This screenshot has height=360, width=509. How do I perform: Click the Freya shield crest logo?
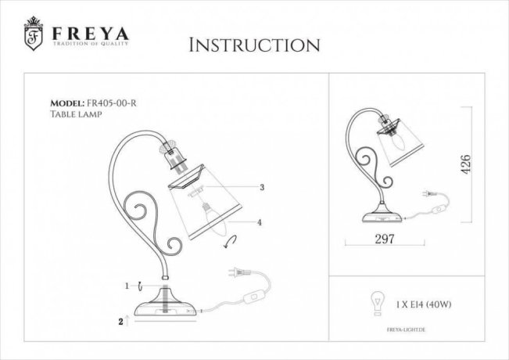click(33, 34)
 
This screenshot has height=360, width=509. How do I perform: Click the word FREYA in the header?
click(91, 34)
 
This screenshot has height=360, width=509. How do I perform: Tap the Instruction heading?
click(255, 45)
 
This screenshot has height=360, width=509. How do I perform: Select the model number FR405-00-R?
click(112, 103)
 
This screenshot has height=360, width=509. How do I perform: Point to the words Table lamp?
click(76, 114)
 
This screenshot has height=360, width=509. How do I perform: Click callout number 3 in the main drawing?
click(262, 187)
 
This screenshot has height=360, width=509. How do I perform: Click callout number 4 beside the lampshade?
click(260, 222)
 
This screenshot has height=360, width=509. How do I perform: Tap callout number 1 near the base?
click(127, 286)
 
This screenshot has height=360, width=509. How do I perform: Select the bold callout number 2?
click(120, 322)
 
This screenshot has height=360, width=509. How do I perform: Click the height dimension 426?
click(465, 164)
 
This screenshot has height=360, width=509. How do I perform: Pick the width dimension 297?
click(385, 239)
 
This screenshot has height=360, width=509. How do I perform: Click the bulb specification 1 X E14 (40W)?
click(424, 304)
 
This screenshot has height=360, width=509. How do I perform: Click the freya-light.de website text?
click(406, 329)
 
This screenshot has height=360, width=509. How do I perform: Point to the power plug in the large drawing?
click(239, 272)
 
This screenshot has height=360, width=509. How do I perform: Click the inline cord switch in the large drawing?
click(254, 297)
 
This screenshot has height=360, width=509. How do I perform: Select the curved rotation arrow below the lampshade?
click(230, 242)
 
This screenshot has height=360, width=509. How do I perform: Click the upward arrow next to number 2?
click(127, 320)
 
